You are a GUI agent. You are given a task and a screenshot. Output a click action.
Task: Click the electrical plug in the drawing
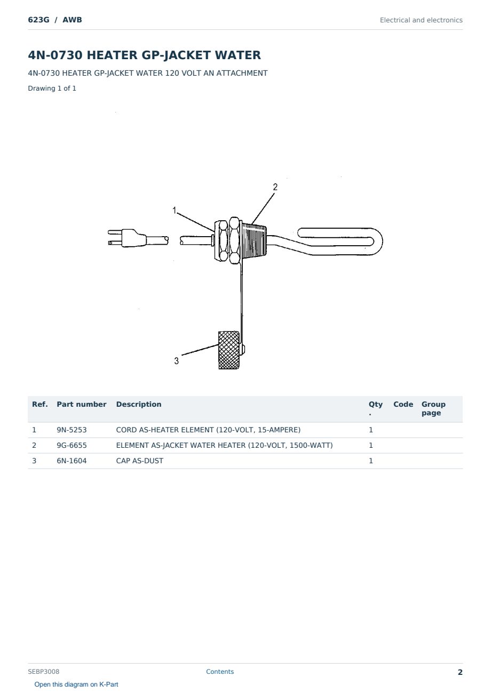(127, 238)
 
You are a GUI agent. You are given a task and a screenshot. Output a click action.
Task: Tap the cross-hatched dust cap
(229, 350)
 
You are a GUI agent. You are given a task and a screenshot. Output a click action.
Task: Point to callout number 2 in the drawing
(275, 187)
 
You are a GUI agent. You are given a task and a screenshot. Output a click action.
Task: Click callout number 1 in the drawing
(175, 211)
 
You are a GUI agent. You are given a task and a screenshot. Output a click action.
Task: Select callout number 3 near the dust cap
(176, 361)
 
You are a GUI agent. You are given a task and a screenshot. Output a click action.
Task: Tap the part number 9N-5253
(72, 430)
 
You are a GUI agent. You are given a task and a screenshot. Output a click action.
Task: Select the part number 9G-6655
(72, 445)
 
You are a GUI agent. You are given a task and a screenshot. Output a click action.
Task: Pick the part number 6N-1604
(72, 461)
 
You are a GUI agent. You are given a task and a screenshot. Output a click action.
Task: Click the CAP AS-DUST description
(139, 461)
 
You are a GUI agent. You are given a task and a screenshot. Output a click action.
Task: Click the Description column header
(138, 404)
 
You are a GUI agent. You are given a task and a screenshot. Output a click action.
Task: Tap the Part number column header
(82, 404)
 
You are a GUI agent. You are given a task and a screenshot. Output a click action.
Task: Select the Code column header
(403, 404)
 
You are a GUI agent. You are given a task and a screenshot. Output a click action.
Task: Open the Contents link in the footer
(220, 671)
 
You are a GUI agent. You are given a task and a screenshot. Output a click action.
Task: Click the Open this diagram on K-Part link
(76, 684)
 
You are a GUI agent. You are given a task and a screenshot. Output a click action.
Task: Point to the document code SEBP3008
(43, 671)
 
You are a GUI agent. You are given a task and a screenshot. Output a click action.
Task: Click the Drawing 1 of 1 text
(52, 88)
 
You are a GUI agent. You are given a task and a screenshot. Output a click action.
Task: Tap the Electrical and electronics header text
(421, 20)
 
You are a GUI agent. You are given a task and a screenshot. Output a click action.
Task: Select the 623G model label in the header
(38, 20)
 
